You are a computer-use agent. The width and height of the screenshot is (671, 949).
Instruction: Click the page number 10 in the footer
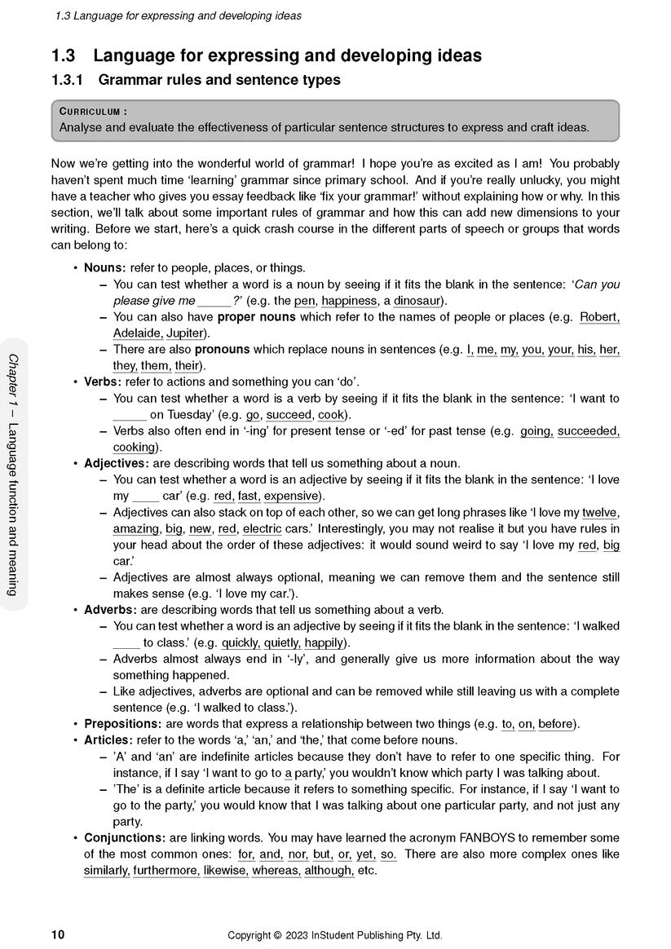pos(58,935)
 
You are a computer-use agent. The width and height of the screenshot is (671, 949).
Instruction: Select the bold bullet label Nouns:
pos(105,268)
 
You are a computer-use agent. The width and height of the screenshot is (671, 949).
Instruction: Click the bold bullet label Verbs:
pos(103,382)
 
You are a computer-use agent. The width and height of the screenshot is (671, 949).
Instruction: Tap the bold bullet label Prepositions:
pos(122,724)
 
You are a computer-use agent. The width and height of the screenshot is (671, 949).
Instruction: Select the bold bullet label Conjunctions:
pos(125,838)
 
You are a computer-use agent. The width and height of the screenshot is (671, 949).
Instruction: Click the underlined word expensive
pos(293,496)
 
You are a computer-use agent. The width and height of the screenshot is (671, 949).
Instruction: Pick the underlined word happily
pos(324,642)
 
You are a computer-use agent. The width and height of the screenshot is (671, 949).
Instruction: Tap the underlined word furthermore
pos(166,871)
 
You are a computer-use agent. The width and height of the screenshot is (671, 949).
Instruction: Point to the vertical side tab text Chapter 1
pos(14,383)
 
